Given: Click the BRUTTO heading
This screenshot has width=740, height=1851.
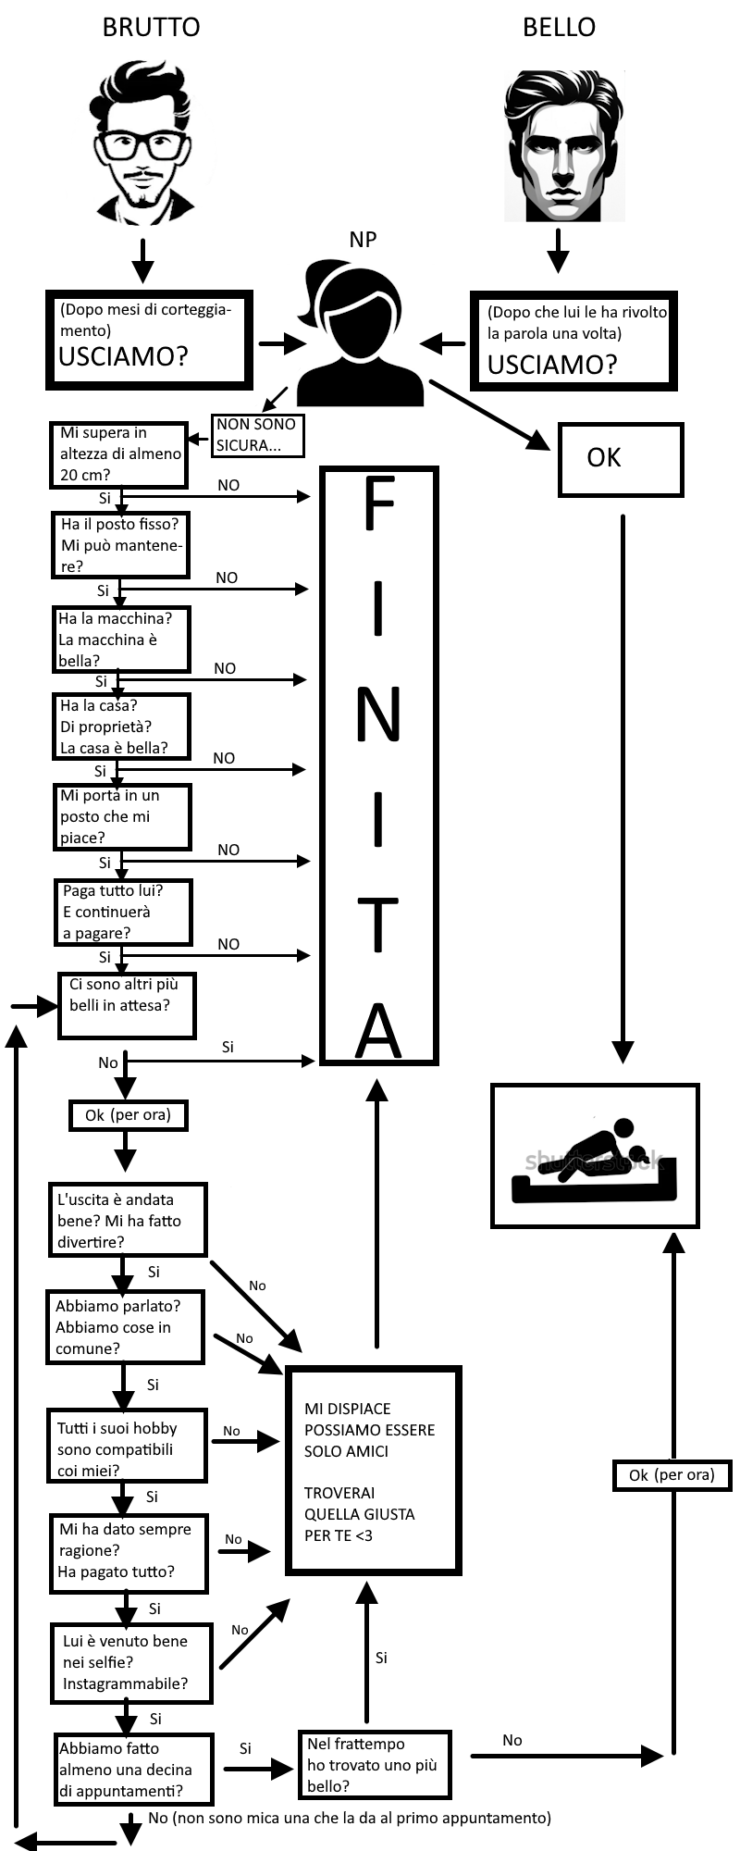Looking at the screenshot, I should point(151,27).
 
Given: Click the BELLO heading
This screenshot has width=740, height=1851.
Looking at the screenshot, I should point(559,27).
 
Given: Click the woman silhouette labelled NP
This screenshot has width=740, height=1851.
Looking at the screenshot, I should point(361,333).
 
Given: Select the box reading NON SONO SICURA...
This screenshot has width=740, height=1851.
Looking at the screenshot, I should point(256,434).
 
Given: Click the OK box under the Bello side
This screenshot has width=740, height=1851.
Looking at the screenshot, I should point(620,459).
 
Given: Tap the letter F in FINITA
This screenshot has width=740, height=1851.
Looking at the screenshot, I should point(378,505).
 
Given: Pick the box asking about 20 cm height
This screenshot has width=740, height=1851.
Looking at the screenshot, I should point(118,454).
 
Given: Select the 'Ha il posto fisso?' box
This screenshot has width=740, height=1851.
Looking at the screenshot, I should point(120,545).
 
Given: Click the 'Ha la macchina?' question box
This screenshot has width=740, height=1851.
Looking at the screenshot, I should point(120,640).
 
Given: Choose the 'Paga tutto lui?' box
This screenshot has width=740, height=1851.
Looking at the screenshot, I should point(122,912).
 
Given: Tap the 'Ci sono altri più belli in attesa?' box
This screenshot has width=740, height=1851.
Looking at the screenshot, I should point(126,1005).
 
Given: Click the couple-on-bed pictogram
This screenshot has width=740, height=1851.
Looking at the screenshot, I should point(594,1157).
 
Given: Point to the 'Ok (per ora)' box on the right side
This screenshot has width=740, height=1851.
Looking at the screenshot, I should point(672,1475).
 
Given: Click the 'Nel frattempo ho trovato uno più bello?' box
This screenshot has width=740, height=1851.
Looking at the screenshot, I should point(374,1765).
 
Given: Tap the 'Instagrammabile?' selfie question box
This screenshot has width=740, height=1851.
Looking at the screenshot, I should point(130,1662).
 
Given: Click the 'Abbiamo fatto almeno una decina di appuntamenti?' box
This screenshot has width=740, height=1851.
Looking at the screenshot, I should point(132,1770).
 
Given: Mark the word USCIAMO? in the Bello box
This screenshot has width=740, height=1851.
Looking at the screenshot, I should point(551,365).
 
